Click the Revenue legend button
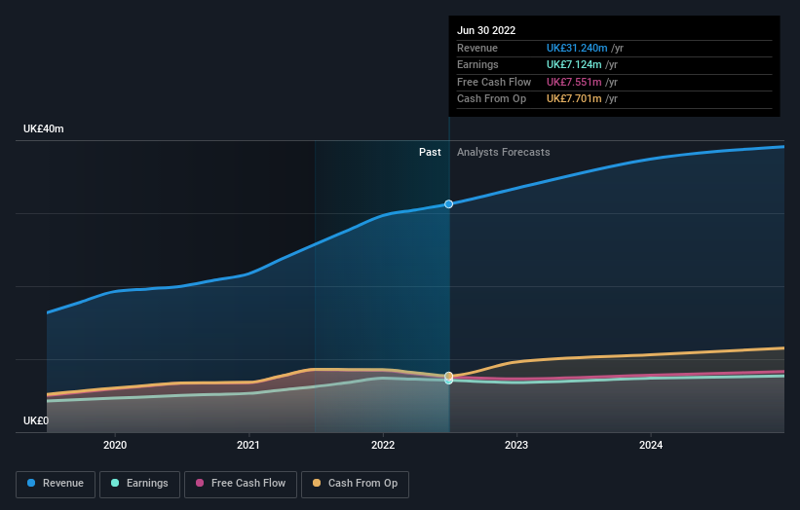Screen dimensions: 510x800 [x=56, y=484]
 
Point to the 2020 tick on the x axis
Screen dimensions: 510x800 [x=115, y=445]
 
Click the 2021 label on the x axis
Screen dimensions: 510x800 [x=248, y=445]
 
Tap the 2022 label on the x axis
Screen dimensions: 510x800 [x=383, y=445]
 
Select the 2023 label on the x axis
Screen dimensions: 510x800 [x=516, y=445]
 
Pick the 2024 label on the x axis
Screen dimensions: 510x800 [x=651, y=445]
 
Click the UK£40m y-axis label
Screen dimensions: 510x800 [x=44, y=129]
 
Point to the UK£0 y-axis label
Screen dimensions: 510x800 [x=36, y=420]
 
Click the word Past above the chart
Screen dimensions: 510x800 [x=430, y=152]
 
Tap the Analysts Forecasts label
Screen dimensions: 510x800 [x=503, y=152]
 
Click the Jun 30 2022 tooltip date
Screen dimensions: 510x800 [x=486, y=30]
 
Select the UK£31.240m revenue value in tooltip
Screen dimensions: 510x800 [x=578, y=48]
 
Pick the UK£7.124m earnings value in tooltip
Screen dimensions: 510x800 [x=575, y=65]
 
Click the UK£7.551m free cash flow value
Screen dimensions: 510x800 [x=575, y=82]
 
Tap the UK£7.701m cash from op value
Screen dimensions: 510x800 [x=575, y=98]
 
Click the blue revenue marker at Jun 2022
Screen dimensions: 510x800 [x=449, y=204]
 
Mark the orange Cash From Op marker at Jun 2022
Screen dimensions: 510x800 [x=449, y=376]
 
